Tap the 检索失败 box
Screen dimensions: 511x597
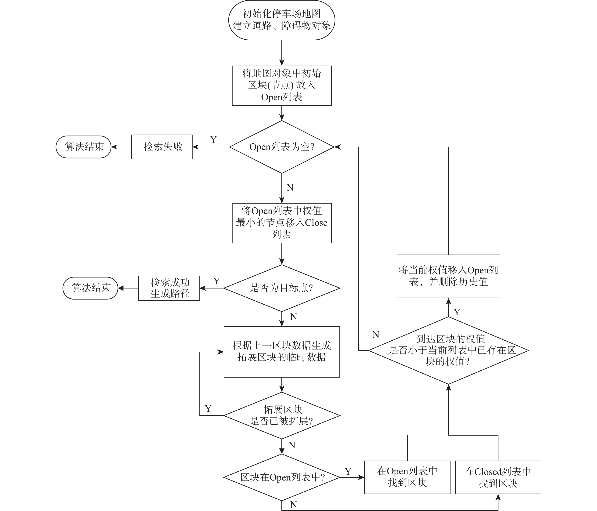click(162, 147)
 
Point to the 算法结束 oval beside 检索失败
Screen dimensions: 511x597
click(84, 147)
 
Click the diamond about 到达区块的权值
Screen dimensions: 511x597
click(448, 350)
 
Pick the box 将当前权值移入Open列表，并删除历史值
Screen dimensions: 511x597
click(448, 276)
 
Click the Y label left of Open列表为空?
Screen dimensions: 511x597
click(213, 140)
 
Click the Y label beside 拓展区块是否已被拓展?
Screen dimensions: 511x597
click(208, 408)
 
